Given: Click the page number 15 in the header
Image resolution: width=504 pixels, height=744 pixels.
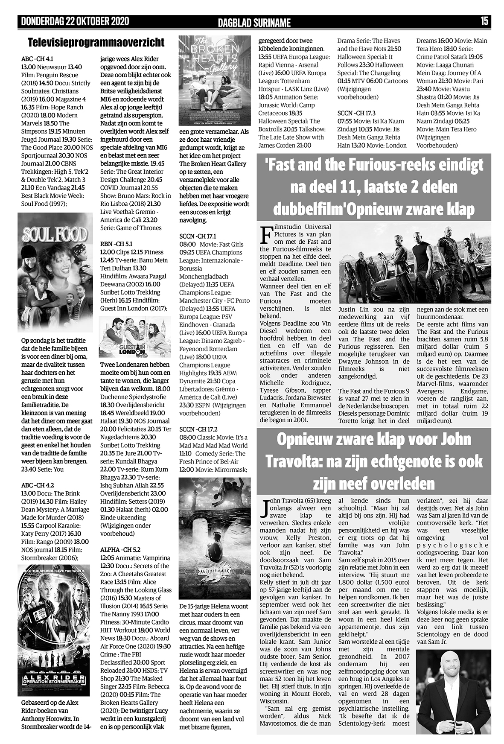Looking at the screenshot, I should point(484,21).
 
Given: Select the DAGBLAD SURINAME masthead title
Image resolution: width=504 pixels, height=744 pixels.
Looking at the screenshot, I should point(254,22).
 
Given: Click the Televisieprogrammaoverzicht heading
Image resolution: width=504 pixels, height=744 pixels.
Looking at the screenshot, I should point(96,43).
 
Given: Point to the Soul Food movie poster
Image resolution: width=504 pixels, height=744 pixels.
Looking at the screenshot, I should point(55,272).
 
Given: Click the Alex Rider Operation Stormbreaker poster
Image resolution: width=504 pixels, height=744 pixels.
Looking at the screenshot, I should point(54,630).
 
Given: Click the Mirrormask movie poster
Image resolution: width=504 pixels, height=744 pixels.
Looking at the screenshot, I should point(215,538).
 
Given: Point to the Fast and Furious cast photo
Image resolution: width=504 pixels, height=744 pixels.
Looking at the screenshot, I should point(415,263).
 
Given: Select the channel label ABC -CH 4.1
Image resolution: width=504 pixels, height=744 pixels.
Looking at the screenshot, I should point(37,59).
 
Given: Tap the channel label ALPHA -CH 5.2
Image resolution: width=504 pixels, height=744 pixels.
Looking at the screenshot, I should point(120,550).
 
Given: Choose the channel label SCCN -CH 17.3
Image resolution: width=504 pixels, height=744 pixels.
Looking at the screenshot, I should point(356,113).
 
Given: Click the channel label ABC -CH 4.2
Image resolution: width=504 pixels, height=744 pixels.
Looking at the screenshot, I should point(38,485).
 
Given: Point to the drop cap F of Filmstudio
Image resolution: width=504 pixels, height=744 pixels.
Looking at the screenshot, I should point(265,234).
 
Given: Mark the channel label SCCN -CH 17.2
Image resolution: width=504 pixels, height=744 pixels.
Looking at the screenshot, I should point(198,429).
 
